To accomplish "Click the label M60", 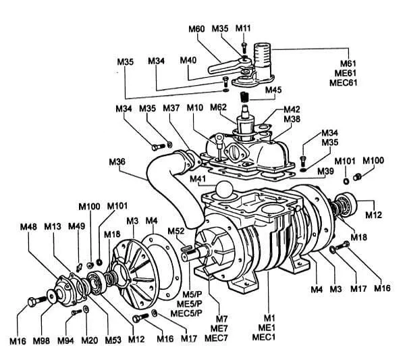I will tap(196, 29).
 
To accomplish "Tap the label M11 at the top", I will tap(243, 29).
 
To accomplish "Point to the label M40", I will tap(188, 60).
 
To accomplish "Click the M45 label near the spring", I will tap(273, 90).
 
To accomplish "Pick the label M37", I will tap(171, 109).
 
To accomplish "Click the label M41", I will tap(198, 179).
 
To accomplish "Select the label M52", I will tap(176, 232).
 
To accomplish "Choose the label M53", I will tap(113, 341).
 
